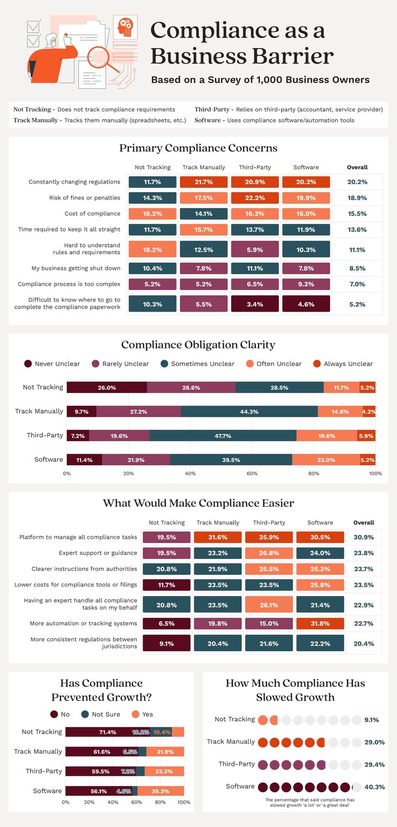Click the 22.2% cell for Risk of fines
click(255, 198)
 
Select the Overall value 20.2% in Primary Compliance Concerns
click(357, 182)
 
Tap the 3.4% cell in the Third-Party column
click(255, 304)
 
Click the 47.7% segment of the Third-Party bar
click(223, 436)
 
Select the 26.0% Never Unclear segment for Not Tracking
click(107, 388)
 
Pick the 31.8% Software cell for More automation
click(320, 624)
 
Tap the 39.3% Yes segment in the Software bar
click(160, 791)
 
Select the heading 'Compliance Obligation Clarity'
click(198, 345)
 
